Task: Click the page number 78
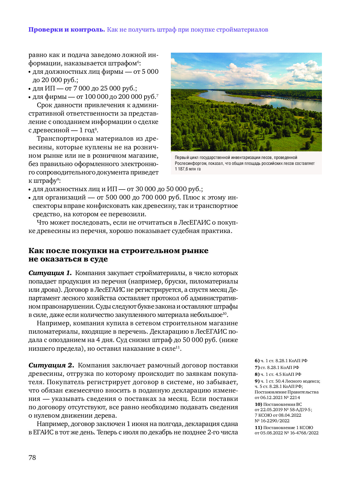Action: pyautogui.click(x=32, y=458)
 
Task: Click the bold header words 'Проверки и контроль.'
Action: pyautogui.click(x=67, y=30)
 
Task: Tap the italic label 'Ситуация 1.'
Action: pyautogui.click(x=50, y=273)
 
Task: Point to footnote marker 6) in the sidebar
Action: pyautogui.click(x=257, y=361)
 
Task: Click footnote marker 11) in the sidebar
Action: pyautogui.click(x=258, y=428)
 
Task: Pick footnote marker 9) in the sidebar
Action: pyautogui.click(x=257, y=381)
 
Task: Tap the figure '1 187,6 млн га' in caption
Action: pyautogui.click(x=188, y=169)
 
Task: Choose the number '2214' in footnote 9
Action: pyautogui.click(x=295, y=398)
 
